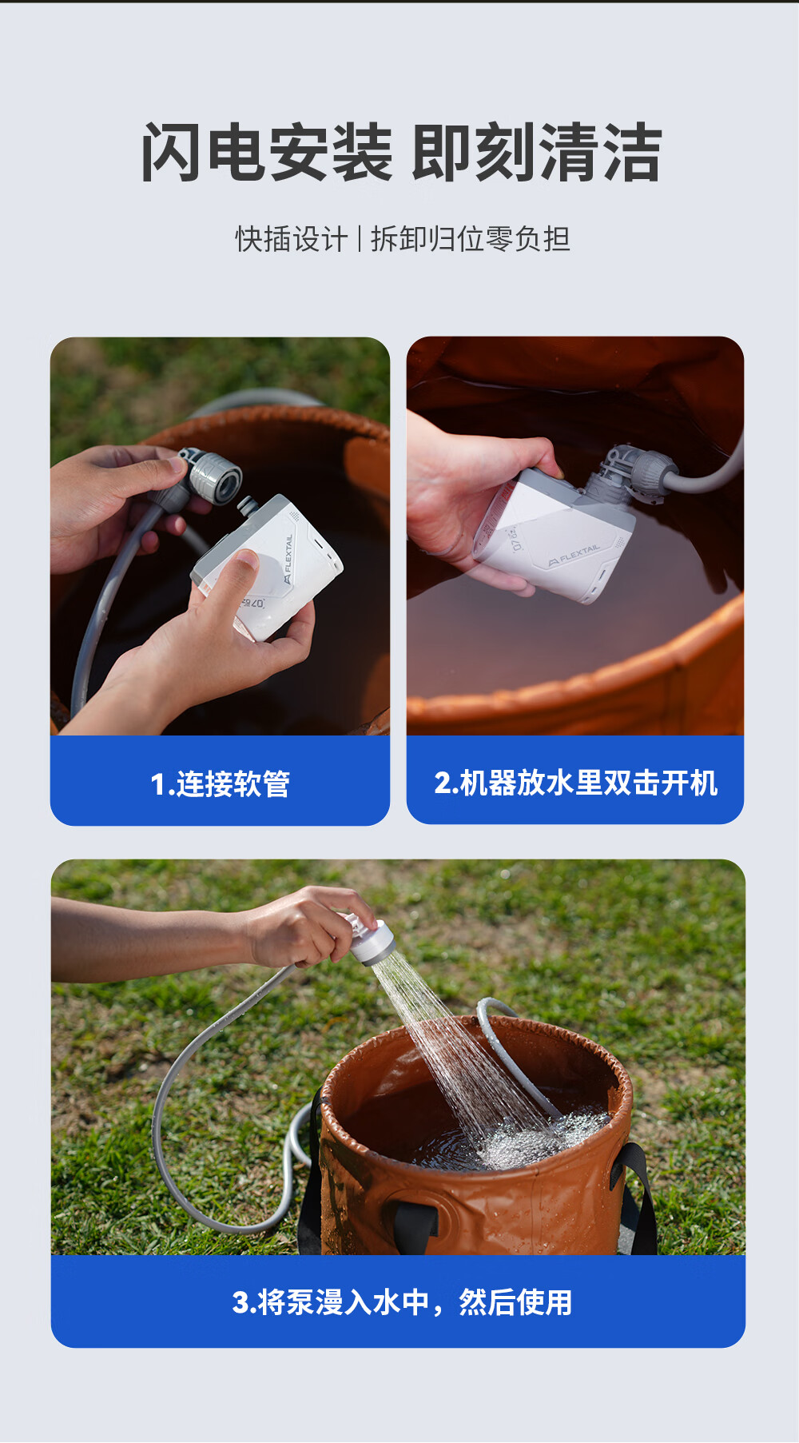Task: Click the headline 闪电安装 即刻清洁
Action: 401,152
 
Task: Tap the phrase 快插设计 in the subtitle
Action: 292,239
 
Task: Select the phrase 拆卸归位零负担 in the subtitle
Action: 471,239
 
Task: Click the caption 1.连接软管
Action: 221,783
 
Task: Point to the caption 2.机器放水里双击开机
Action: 575,783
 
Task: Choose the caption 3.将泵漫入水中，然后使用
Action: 402,1302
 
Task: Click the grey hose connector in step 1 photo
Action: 209,476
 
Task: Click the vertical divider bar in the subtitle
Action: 360,239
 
